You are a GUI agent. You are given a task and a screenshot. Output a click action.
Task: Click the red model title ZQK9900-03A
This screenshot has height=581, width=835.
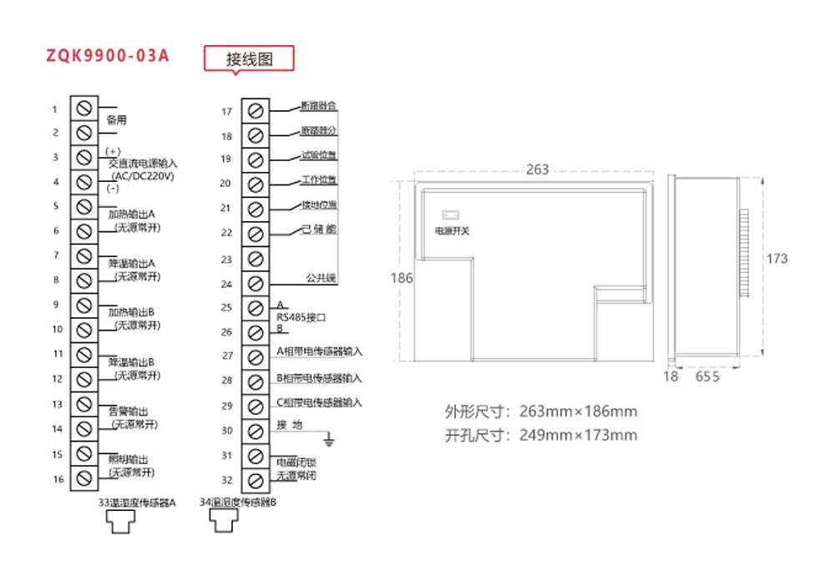tap(108, 56)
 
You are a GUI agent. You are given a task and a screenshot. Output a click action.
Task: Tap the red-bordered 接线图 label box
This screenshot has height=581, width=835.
tap(250, 59)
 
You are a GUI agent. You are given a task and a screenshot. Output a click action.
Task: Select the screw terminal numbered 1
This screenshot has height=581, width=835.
tap(83, 109)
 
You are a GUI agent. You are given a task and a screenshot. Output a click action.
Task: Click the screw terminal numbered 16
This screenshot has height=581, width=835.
tap(83, 478)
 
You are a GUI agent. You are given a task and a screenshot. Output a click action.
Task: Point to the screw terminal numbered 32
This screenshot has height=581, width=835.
tap(256, 479)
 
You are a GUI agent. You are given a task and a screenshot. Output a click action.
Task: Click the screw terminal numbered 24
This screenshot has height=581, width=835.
tap(256, 284)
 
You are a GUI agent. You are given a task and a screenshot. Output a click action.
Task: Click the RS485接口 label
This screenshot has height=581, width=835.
tap(300, 317)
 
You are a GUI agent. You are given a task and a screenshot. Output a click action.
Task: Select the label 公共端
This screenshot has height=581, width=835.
tap(320, 278)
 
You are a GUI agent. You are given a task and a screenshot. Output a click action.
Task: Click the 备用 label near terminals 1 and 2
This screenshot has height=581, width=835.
tap(117, 120)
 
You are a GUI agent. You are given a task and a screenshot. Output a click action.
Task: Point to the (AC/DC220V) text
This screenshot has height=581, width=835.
tap(142, 176)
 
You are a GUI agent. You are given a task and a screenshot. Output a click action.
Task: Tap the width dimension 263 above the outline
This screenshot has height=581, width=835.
tap(538, 169)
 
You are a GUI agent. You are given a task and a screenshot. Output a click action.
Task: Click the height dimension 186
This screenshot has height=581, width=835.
tap(402, 278)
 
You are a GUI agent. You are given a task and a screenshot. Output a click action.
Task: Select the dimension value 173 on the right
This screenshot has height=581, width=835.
tap(777, 259)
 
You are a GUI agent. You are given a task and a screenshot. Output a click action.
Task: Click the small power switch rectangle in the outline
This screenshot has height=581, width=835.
tap(450, 215)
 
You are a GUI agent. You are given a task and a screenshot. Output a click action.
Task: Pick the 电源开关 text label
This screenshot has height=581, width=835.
tap(452, 230)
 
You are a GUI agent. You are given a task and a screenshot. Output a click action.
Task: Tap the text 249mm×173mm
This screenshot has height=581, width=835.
tap(578, 435)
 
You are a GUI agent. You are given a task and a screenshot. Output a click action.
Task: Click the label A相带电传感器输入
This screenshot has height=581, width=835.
tap(319, 351)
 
